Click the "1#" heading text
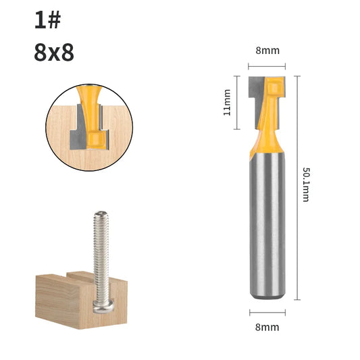click(48, 20)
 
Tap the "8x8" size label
click(54, 52)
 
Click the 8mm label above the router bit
click(267, 51)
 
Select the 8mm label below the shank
click(267, 327)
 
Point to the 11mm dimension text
click(227, 103)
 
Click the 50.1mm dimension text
click(306, 184)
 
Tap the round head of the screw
click(103, 305)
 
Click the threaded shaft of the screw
click(101, 255)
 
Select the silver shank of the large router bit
click(267, 225)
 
